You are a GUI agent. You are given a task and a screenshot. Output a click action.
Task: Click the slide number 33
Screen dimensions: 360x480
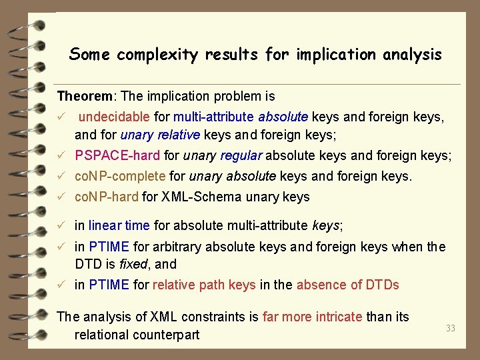pos(451,327)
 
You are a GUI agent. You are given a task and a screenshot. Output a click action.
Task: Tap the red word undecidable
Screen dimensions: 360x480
pos(114,117)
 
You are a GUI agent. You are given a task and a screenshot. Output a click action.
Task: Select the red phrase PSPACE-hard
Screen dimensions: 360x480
pos(117,156)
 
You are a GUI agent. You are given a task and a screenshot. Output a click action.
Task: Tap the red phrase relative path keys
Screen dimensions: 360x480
pos(204,285)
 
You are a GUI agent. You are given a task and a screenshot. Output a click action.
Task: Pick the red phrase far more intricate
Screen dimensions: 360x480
pos(313,317)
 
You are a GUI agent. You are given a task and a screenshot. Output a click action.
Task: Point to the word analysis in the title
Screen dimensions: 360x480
pos(412,55)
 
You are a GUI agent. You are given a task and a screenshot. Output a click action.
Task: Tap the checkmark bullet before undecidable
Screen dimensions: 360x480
pos(61,117)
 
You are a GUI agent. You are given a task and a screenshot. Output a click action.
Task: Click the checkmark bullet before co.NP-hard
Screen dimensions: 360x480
pos(61,197)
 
